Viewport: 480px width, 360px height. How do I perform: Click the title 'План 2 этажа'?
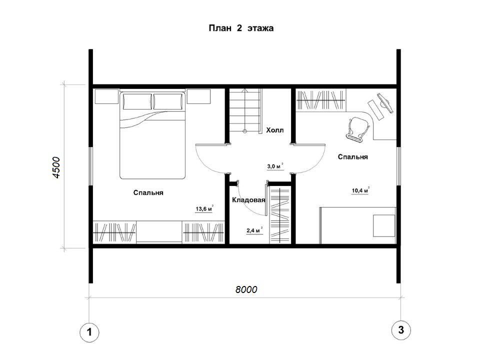click(241, 28)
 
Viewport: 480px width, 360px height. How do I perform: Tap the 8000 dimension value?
click(246, 289)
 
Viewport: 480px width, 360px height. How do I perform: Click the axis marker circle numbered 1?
click(89, 332)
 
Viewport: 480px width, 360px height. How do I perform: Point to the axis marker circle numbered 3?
click(401, 330)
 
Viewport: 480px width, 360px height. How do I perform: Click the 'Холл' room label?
click(275, 130)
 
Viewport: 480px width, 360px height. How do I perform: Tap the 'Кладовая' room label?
click(248, 200)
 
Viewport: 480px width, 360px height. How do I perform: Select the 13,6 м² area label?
click(204, 209)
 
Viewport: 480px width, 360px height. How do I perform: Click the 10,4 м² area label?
click(360, 190)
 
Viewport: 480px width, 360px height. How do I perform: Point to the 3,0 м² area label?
click(275, 166)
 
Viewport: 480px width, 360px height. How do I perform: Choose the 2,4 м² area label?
click(254, 230)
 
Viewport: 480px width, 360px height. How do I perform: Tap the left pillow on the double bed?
click(137, 101)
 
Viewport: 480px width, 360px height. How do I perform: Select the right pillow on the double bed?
click(168, 101)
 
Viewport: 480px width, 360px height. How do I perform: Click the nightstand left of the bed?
click(106, 96)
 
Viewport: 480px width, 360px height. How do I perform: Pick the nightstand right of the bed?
click(198, 96)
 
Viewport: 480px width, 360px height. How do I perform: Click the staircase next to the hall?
click(246, 110)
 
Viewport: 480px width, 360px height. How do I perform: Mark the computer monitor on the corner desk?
click(385, 103)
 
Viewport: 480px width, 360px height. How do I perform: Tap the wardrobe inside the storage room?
click(280, 215)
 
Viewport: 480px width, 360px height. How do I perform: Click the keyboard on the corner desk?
click(375, 109)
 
